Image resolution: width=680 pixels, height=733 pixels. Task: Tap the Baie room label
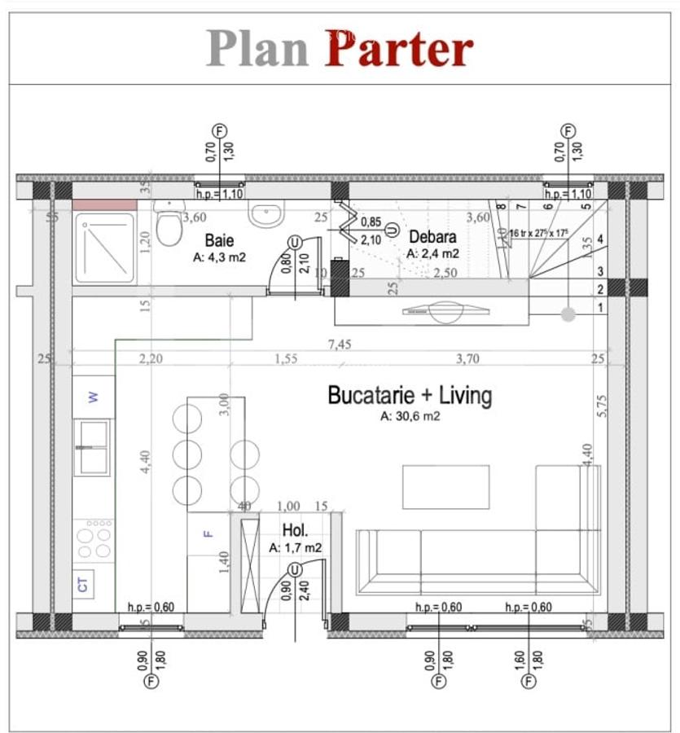(220, 241)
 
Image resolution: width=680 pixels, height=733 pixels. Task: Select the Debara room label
(432, 237)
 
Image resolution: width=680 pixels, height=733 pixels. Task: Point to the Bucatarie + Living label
(410, 396)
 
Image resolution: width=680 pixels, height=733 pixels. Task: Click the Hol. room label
(295, 531)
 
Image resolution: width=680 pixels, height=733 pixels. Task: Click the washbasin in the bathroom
(266, 214)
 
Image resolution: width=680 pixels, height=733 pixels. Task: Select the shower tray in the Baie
(104, 248)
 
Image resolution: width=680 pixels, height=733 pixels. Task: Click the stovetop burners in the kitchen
(93, 539)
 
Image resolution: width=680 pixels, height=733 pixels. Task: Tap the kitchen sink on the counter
(93, 447)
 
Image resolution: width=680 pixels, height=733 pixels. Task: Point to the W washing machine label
(93, 397)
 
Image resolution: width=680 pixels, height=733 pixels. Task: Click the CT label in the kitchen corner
(83, 584)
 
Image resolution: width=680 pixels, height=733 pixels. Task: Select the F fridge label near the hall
(208, 534)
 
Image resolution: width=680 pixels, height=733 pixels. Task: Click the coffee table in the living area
(445, 486)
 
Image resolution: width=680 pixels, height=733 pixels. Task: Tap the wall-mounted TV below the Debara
(445, 310)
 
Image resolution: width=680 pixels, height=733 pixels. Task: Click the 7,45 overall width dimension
(340, 345)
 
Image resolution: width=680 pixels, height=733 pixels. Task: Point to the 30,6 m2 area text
(410, 417)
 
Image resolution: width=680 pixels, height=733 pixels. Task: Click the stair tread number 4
(600, 239)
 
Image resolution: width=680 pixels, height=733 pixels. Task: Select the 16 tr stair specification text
(538, 233)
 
